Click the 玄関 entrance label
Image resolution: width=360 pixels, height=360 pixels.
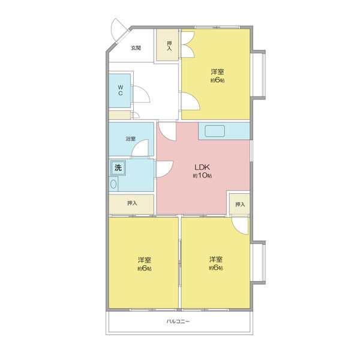[136, 48]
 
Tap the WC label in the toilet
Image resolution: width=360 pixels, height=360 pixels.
[121, 90]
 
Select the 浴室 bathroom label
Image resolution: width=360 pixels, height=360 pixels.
[131, 139]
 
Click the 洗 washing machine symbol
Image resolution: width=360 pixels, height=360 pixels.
[118, 167]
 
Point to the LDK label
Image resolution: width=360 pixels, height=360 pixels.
[202, 167]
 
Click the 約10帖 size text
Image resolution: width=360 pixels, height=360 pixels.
[202, 176]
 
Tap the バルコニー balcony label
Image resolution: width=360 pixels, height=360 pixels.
[178, 322]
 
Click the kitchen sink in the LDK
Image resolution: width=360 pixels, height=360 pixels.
[215, 131]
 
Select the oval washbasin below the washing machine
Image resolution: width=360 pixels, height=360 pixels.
[113, 184]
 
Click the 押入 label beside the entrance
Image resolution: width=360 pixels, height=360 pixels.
[169, 46]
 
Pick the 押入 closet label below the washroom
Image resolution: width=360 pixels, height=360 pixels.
[132, 203]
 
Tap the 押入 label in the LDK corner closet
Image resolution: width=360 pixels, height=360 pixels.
[240, 205]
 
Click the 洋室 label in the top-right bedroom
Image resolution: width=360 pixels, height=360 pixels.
[217, 72]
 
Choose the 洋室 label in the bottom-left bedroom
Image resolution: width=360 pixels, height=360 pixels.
[145, 260]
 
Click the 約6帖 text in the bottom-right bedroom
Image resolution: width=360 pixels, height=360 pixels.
[216, 268]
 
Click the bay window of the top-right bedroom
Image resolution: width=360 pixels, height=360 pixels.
[259, 74]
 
